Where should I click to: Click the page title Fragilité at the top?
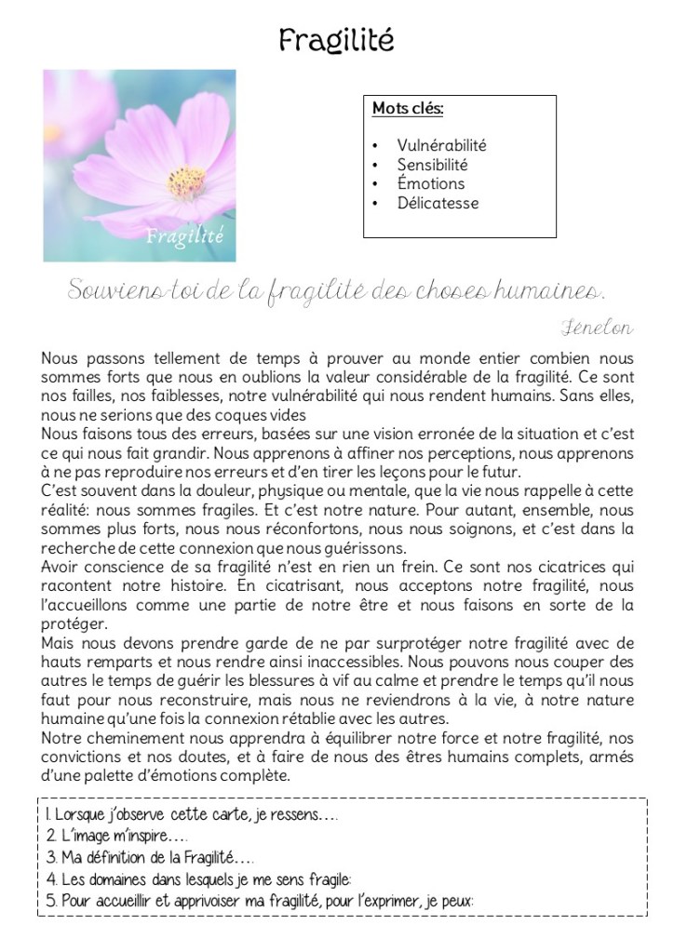click(336, 40)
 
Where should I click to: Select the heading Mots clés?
click(408, 109)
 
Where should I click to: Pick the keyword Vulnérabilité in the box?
click(441, 145)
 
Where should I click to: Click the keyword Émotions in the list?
click(430, 183)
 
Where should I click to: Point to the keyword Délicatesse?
click(438, 203)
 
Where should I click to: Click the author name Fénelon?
click(598, 327)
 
